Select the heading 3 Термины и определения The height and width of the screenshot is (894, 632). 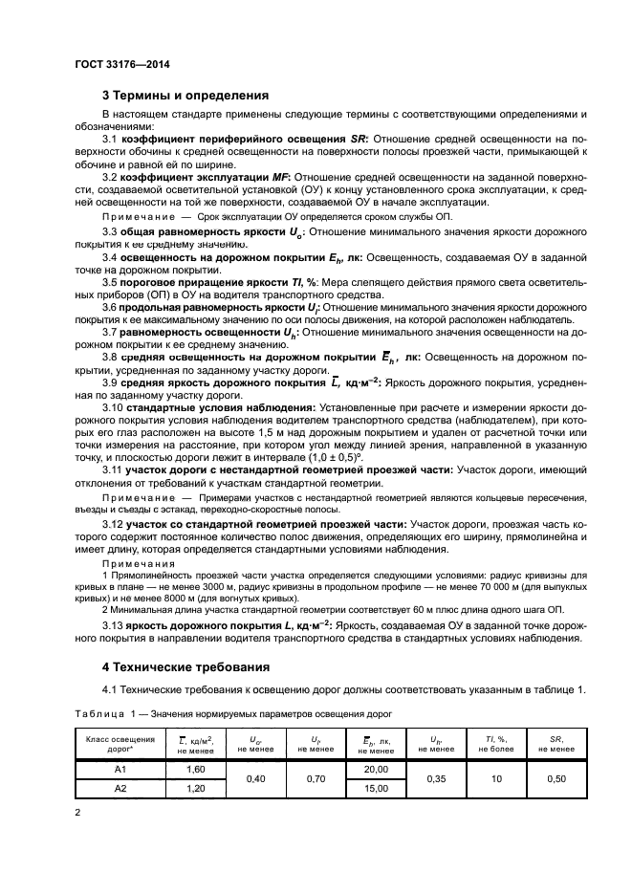click(x=185, y=95)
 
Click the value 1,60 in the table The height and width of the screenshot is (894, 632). click(x=195, y=769)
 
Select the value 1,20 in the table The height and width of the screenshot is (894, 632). click(x=195, y=788)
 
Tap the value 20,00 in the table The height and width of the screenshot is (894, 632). click(x=376, y=769)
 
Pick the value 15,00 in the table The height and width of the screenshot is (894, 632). click(x=376, y=788)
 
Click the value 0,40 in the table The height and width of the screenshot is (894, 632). click(x=255, y=778)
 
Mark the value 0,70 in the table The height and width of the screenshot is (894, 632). click(x=316, y=778)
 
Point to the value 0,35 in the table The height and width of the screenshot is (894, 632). click(x=436, y=778)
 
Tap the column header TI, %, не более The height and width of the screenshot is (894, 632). click(x=495, y=744)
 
